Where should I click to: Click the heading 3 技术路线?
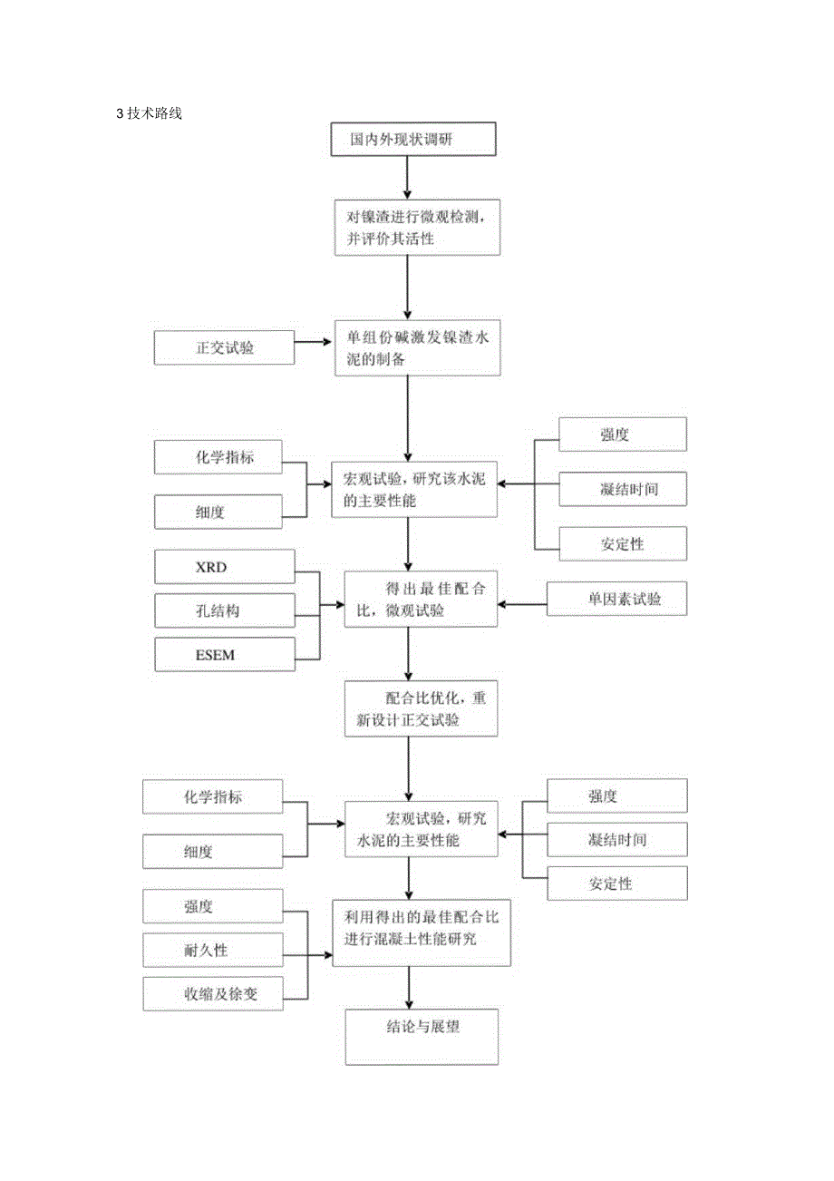point(150,114)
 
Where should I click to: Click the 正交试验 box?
point(224,346)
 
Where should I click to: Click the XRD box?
point(224,566)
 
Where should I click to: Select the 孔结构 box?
point(224,610)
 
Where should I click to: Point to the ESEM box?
point(224,654)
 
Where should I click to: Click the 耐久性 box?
point(212,949)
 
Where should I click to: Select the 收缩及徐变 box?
point(212,993)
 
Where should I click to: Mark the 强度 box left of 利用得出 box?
point(212,905)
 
